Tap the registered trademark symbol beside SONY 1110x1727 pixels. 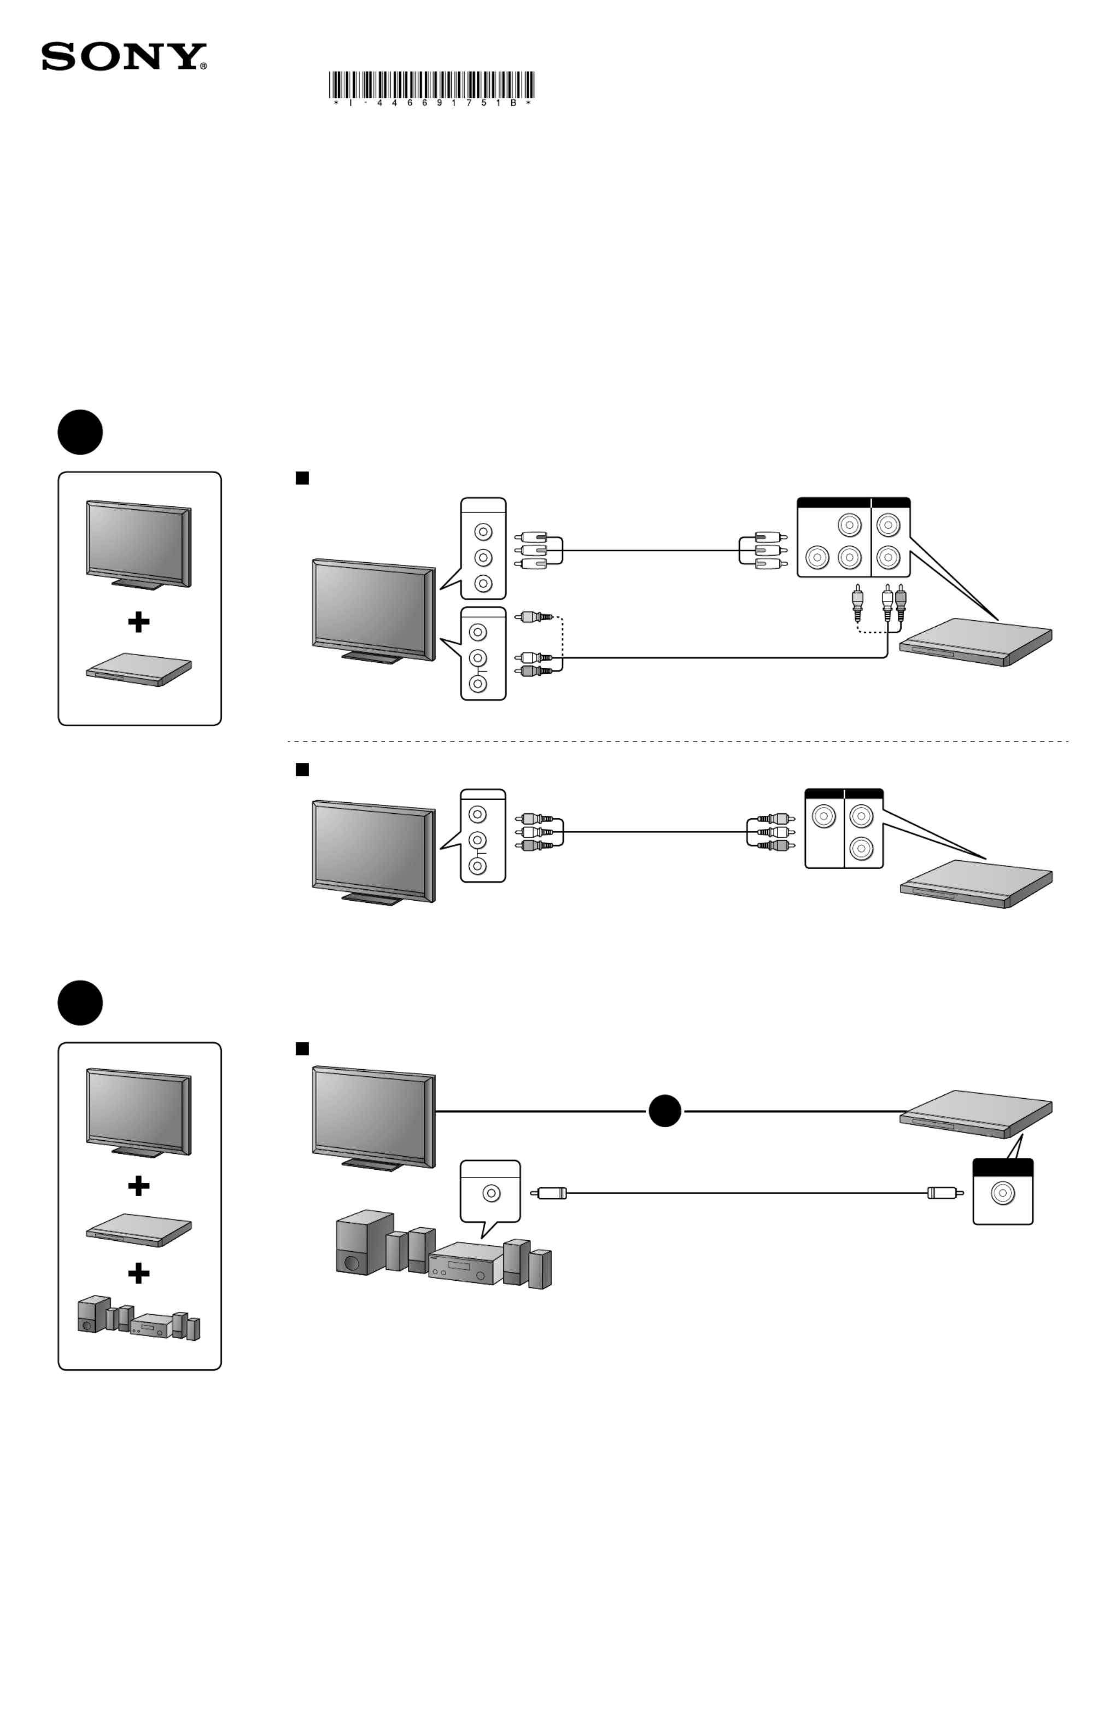coord(203,66)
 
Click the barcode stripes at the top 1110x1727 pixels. coord(431,84)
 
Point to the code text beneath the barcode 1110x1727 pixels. coord(431,103)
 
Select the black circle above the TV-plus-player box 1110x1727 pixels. coord(80,433)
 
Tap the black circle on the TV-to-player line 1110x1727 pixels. coord(664,1111)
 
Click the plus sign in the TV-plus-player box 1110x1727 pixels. coord(138,622)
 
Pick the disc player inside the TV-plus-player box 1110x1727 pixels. coord(138,669)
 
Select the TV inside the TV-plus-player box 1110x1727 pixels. coord(138,544)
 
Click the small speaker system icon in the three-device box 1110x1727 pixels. coord(138,1318)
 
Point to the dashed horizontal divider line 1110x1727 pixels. coord(677,741)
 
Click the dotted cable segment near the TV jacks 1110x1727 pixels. coord(562,634)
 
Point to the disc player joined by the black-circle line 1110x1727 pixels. coord(977,1115)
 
